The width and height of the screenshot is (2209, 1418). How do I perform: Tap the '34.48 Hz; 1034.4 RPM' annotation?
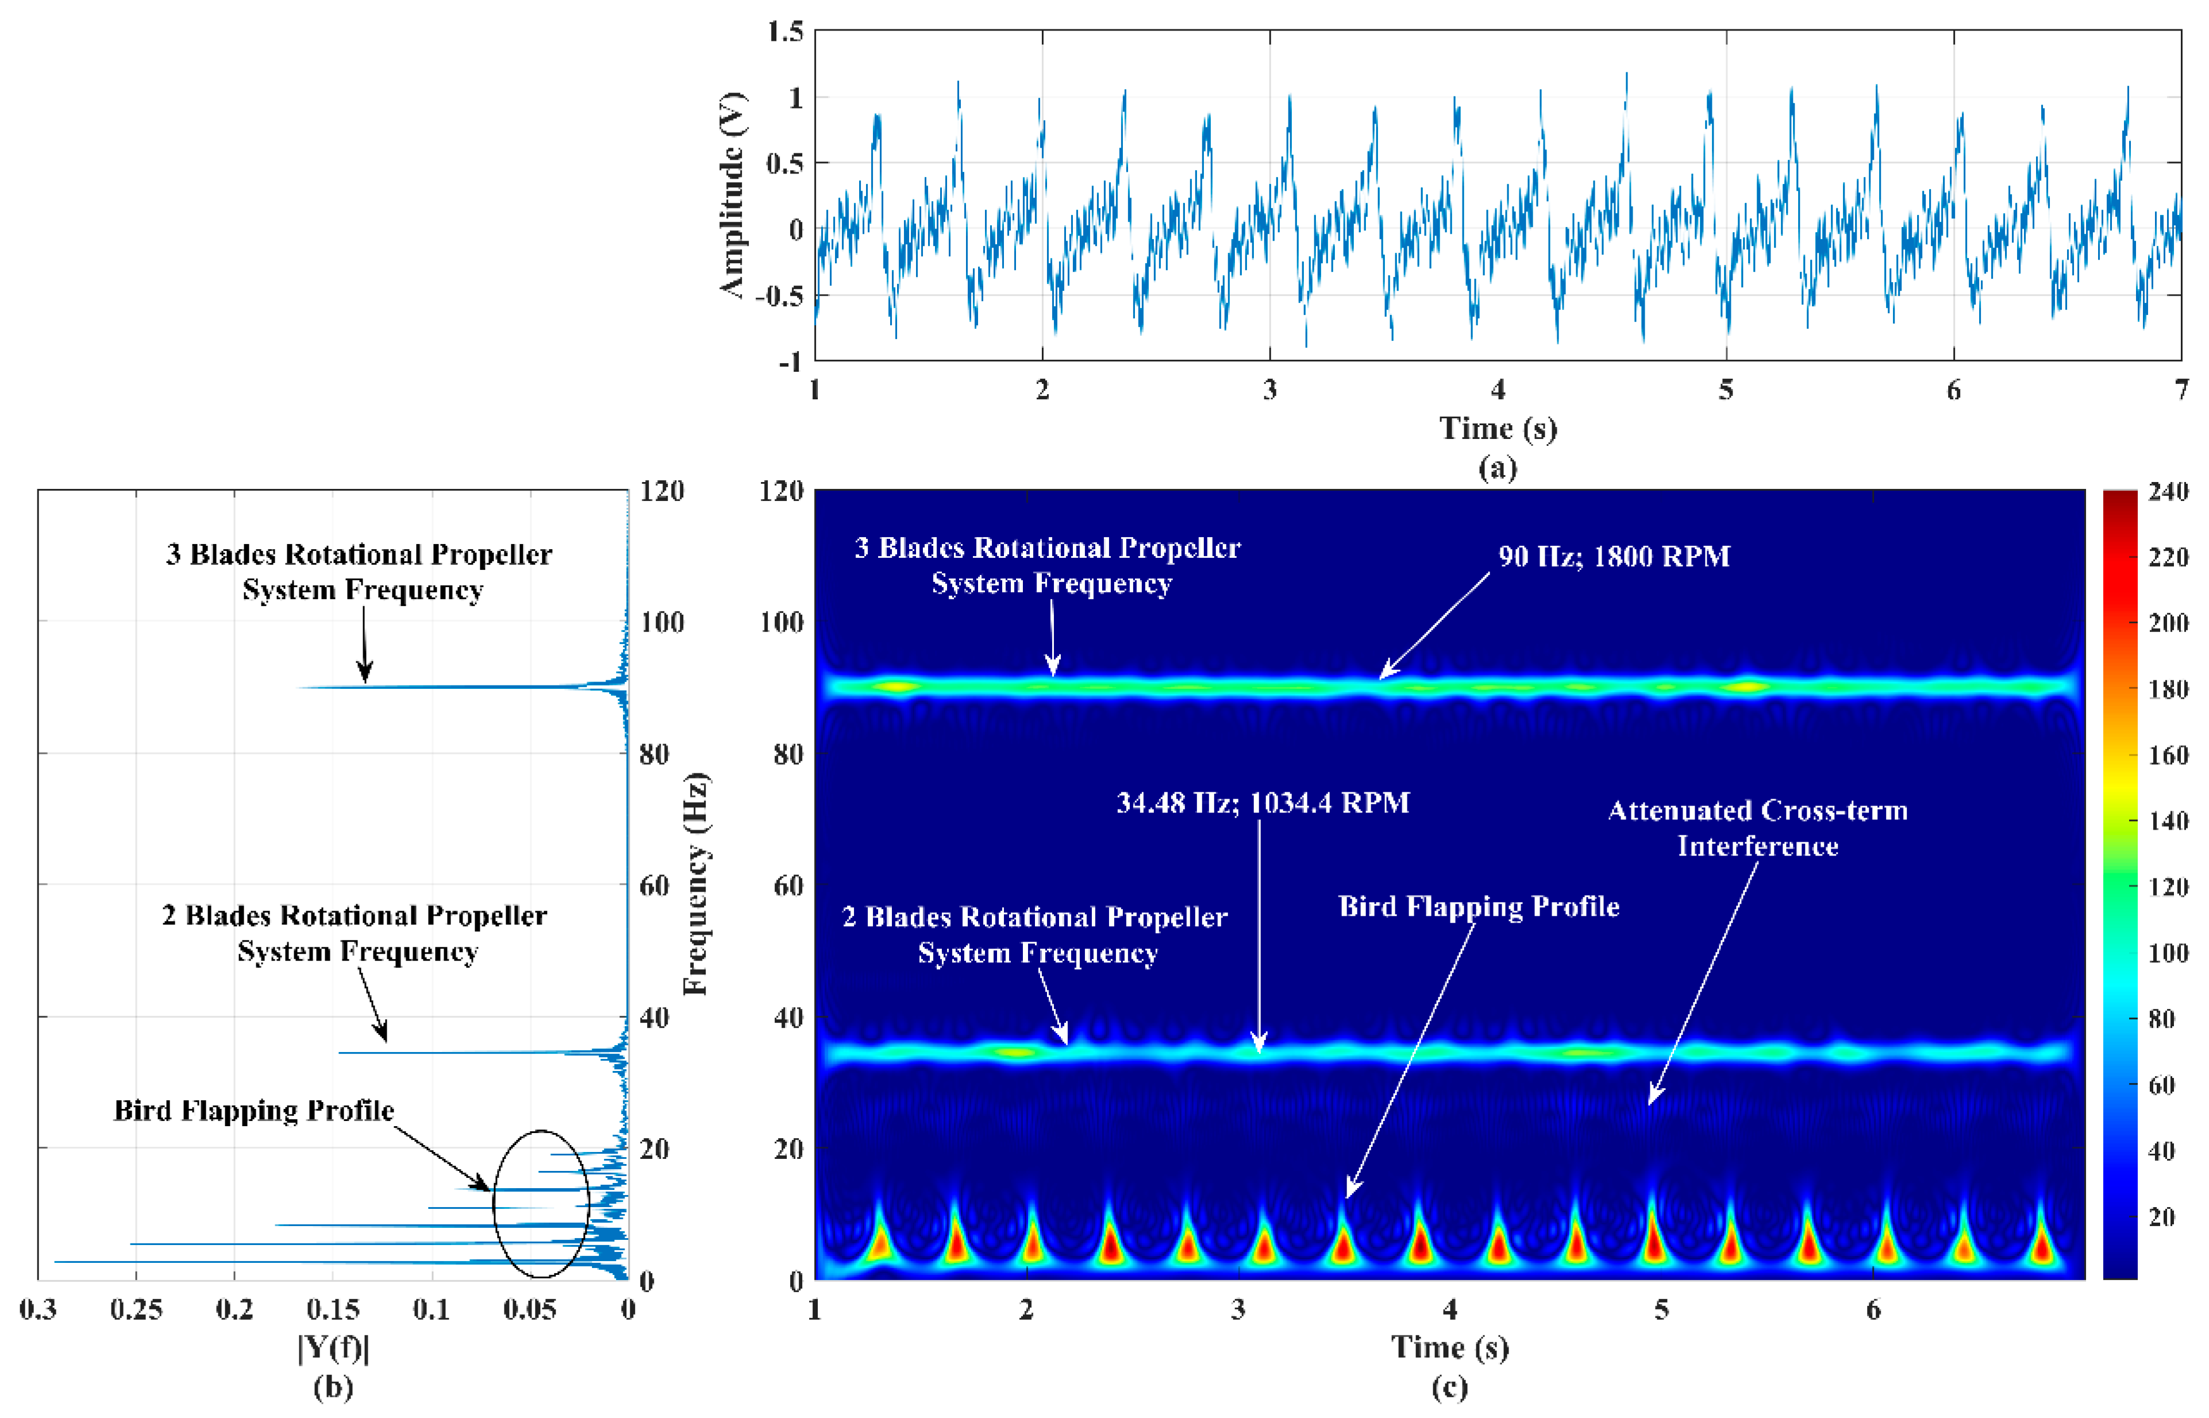tap(1263, 803)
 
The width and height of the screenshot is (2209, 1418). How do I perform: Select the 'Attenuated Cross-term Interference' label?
tap(1757, 828)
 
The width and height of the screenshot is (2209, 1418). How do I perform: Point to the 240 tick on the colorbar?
tap(2168, 492)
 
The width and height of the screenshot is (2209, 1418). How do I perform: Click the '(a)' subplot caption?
tap(1497, 468)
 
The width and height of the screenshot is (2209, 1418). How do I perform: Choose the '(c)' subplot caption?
tap(1449, 1387)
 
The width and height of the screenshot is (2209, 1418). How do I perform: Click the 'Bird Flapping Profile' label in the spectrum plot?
tap(253, 1111)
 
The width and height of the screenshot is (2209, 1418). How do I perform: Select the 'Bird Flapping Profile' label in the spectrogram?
tap(1478, 907)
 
